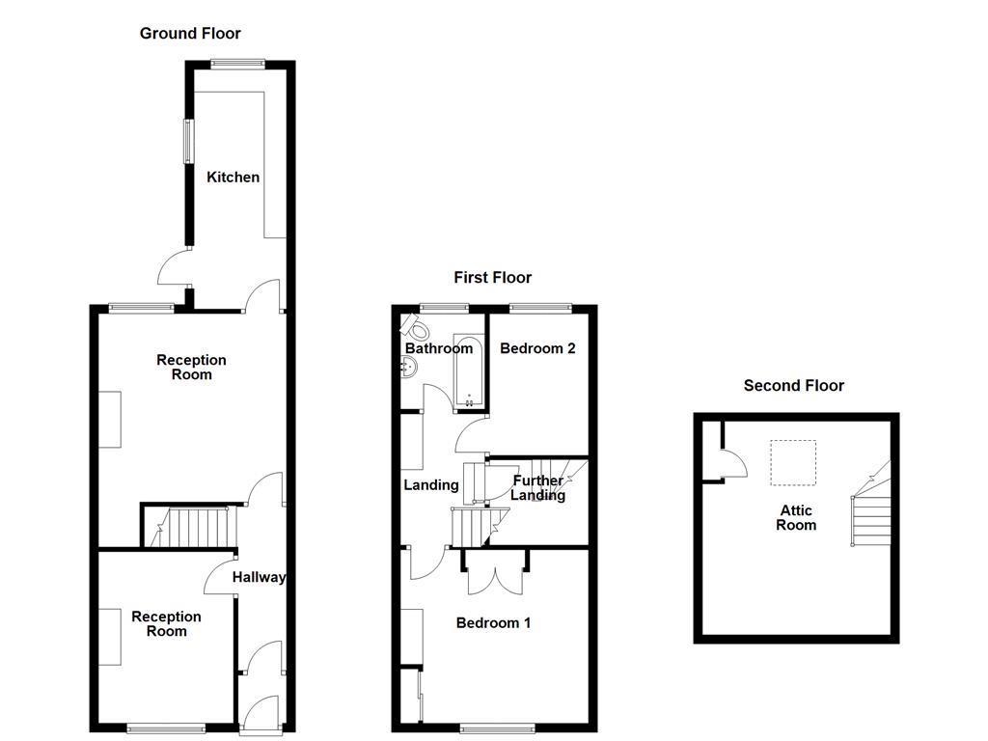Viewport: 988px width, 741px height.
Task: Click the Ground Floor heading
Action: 190,34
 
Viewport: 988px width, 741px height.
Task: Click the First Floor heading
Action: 492,278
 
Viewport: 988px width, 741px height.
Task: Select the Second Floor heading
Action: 793,386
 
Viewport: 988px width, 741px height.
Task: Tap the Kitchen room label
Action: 233,178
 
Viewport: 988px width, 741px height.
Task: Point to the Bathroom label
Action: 438,348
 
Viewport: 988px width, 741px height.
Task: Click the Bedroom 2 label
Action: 537,348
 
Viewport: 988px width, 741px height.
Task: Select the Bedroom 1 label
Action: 493,623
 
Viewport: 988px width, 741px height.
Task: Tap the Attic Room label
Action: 796,518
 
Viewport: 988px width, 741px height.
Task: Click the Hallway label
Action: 259,578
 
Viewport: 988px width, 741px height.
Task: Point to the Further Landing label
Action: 537,488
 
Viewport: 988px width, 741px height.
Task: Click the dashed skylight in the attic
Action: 792,463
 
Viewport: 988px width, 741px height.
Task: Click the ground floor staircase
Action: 190,527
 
